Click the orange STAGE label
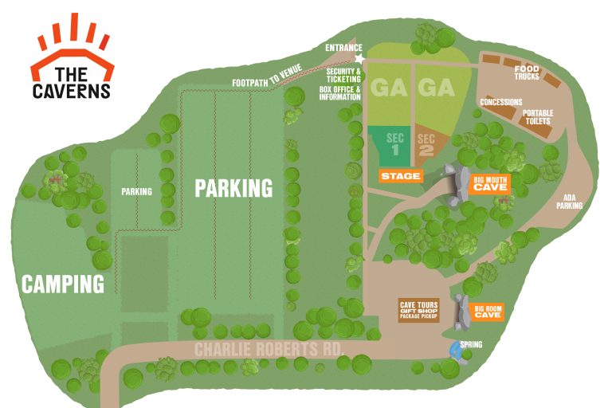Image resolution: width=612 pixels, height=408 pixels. click(400, 176)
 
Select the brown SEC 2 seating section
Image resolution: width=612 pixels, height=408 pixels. click(426, 144)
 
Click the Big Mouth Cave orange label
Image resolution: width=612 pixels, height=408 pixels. click(490, 183)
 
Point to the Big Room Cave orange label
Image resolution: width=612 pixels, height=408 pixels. click(488, 312)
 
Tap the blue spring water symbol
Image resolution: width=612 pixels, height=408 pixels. click(455, 349)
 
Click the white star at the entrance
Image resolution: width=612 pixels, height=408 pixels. click(359, 59)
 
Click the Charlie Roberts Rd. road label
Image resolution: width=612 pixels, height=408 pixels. click(269, 350)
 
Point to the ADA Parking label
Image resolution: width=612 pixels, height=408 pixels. click(569, 202)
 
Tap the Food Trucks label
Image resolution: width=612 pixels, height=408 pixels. click(527, 73)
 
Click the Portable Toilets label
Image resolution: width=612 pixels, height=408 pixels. click(538, 116)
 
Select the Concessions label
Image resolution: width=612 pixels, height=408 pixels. click(500, 102)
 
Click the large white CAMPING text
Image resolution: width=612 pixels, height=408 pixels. click(63, 283)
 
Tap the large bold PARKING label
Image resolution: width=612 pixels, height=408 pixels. click(233, 188)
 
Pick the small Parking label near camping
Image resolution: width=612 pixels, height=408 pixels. click(136, 191)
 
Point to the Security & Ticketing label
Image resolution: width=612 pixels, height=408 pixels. click(343, 75)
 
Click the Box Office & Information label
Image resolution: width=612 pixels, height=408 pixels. click(340, 93)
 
